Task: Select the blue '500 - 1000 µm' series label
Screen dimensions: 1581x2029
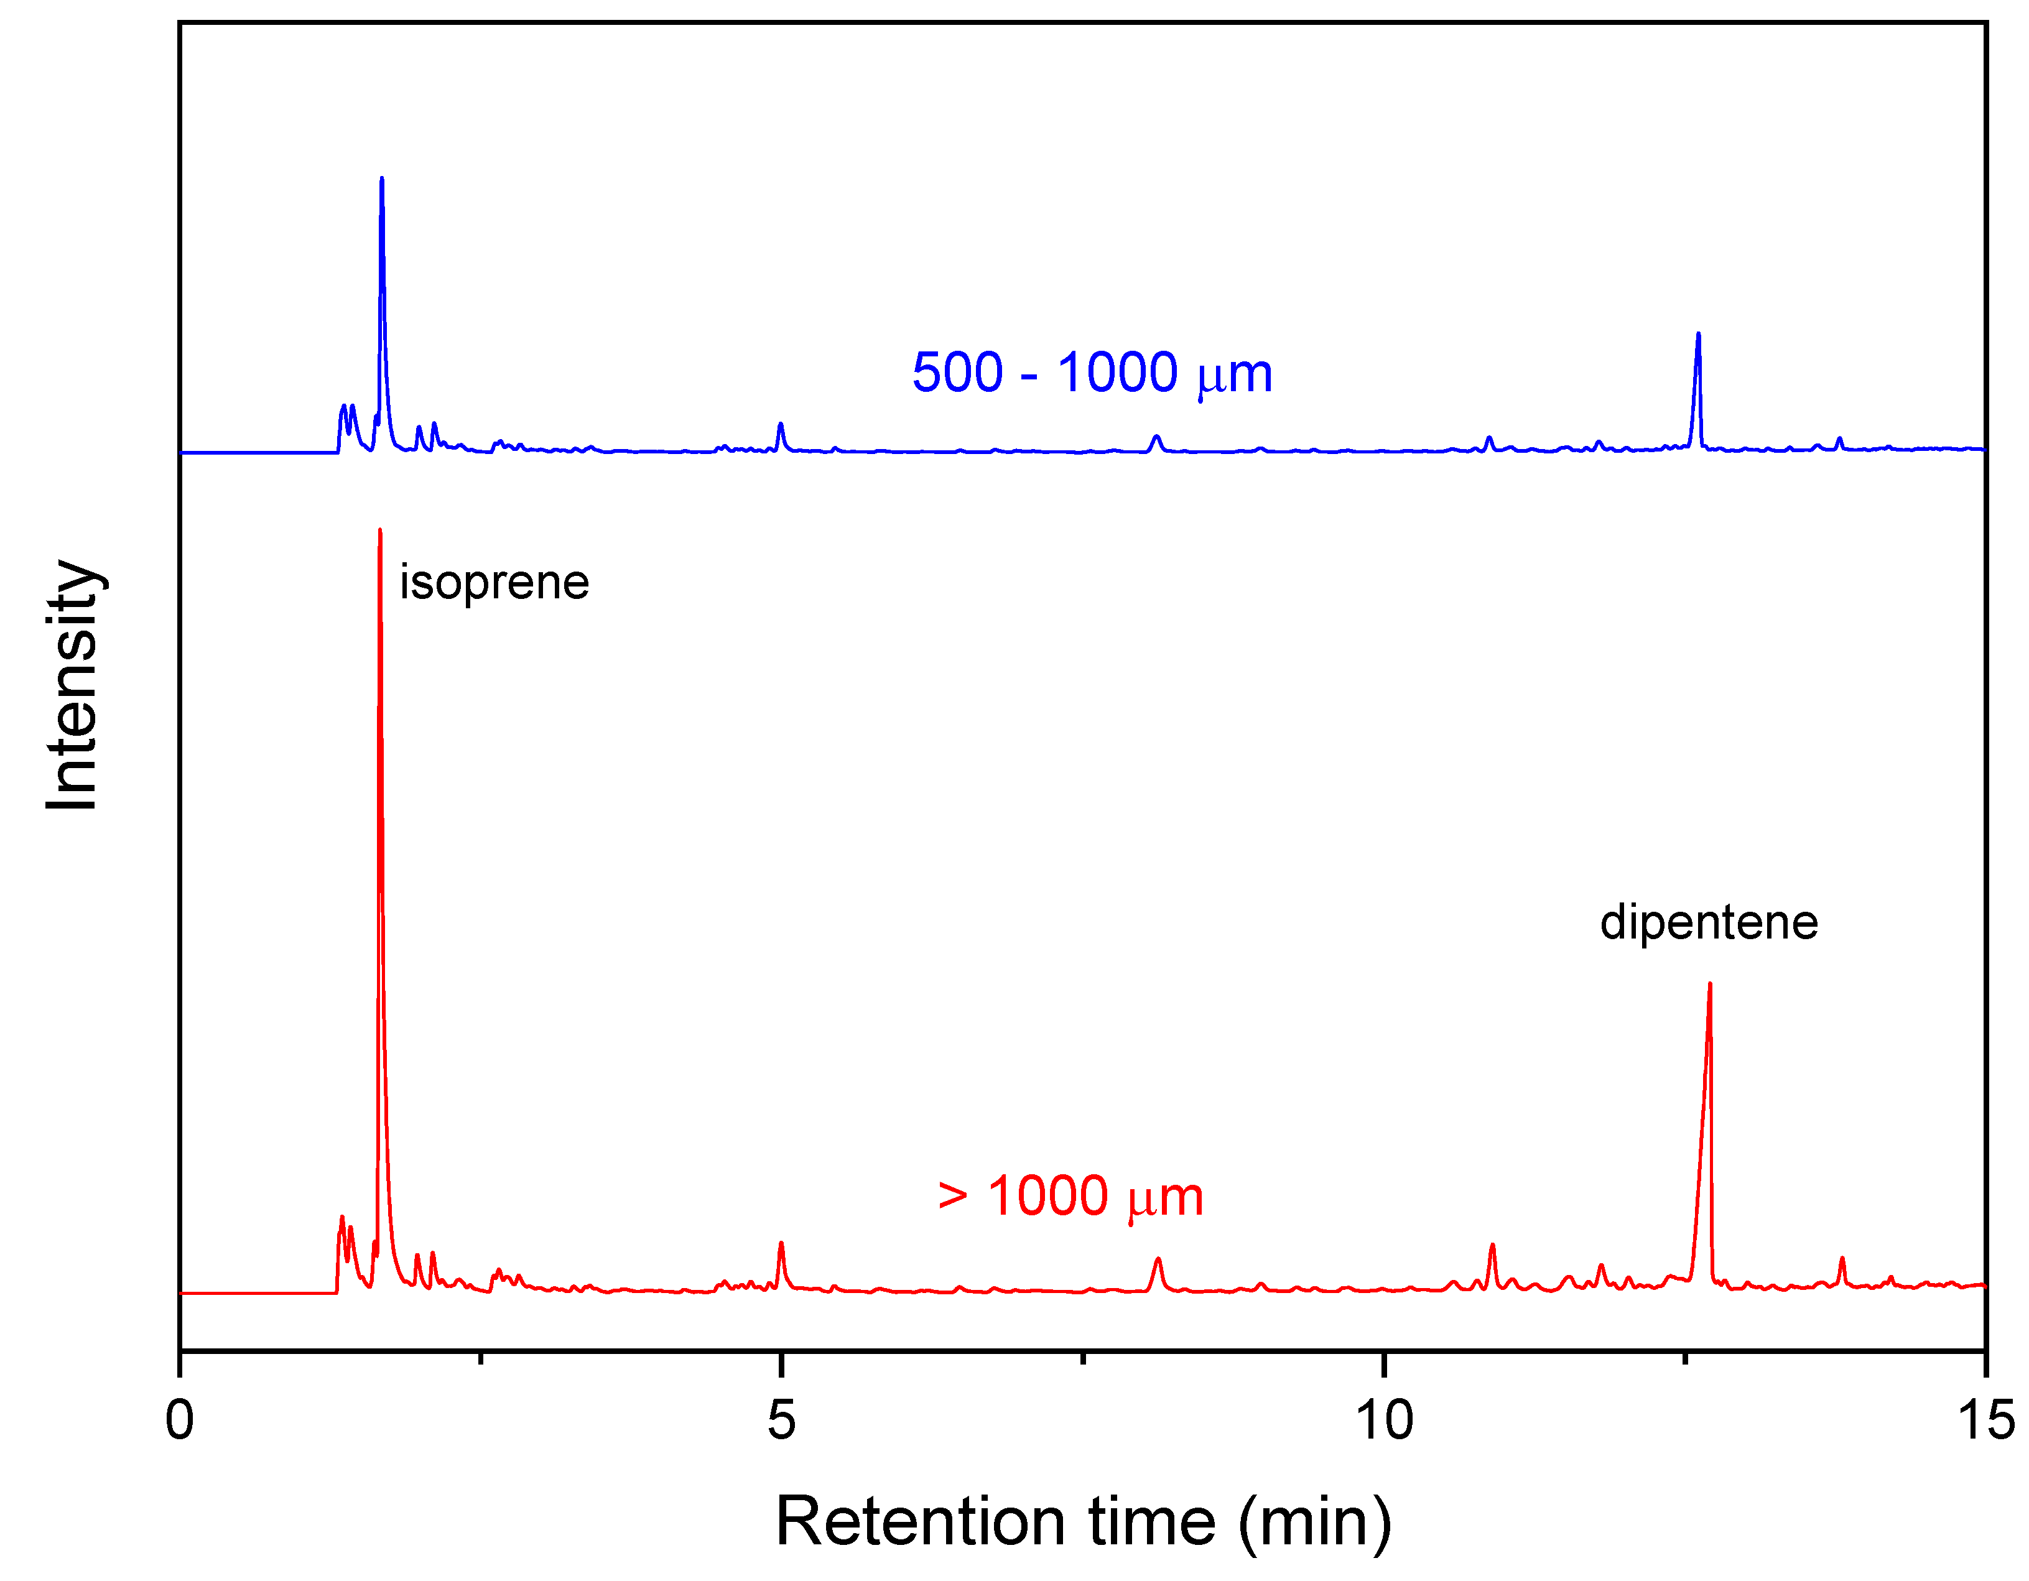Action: point(1092,373)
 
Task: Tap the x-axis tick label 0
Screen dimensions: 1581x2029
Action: point(179,1421)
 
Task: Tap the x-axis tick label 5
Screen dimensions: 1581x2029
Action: point(781,1421)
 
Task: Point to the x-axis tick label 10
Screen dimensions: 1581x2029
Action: point(1383,1421)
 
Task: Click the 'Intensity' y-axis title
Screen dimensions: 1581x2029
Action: point(72,685)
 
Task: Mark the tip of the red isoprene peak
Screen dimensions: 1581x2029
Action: point(380,531)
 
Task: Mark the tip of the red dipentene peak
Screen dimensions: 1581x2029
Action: point(1709,984)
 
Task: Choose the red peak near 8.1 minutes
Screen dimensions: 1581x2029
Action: point(1158,1259)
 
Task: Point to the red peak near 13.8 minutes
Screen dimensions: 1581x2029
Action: point(1841,1259)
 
